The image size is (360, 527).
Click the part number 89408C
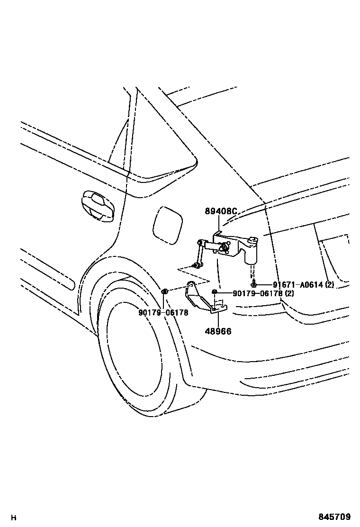[x=221, y=211]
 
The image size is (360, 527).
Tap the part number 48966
[x=218, y=331]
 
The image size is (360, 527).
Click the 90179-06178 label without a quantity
[x=163, y=313]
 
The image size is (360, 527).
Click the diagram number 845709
[x=335, y=517]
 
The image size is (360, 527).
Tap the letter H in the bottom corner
[x=14, y=518]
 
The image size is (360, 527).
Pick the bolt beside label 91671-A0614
[x=254, y=283]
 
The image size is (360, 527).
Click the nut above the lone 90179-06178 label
[x=164, y=291]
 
